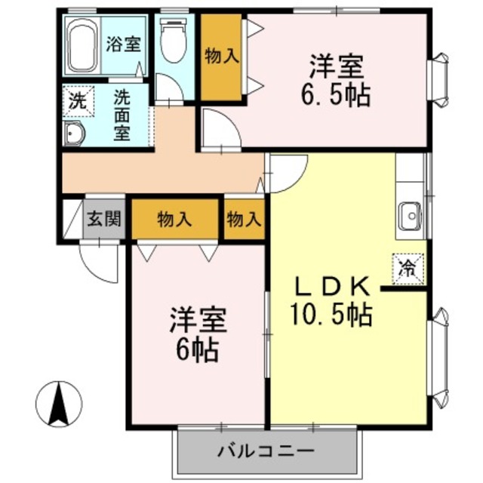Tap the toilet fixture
pos(173,42)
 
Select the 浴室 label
pos(122,43)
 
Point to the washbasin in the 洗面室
pos(75,134)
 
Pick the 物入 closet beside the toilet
pos(221,57)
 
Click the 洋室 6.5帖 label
pos(338,81)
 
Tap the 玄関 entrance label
pos(103,220)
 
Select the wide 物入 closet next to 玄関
pos(174,220)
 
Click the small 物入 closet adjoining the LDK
pos(244,220)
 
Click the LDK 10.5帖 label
pos(332,301)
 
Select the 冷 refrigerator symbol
pos(408,266)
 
